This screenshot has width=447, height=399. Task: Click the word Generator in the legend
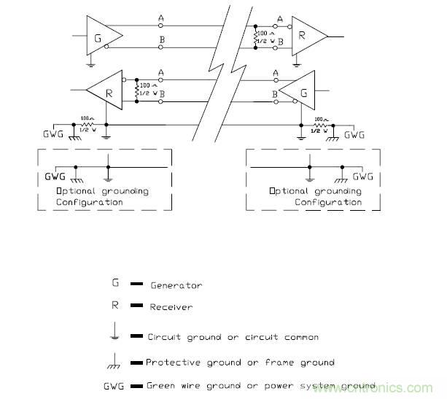pyautogui.click(x=176, y=286)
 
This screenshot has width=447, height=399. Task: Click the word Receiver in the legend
pyautogui.click(x=171, y=308)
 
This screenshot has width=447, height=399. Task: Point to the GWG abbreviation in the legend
pyautogui.click(x=115, y=384)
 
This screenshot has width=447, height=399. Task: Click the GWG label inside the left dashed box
pyautogui.click(x=55, y=176)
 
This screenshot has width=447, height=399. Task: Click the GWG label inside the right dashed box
pyautogui.click(x=362, y=176)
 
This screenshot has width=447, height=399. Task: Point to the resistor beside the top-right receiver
pyautogui.click(x=256, y=39)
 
